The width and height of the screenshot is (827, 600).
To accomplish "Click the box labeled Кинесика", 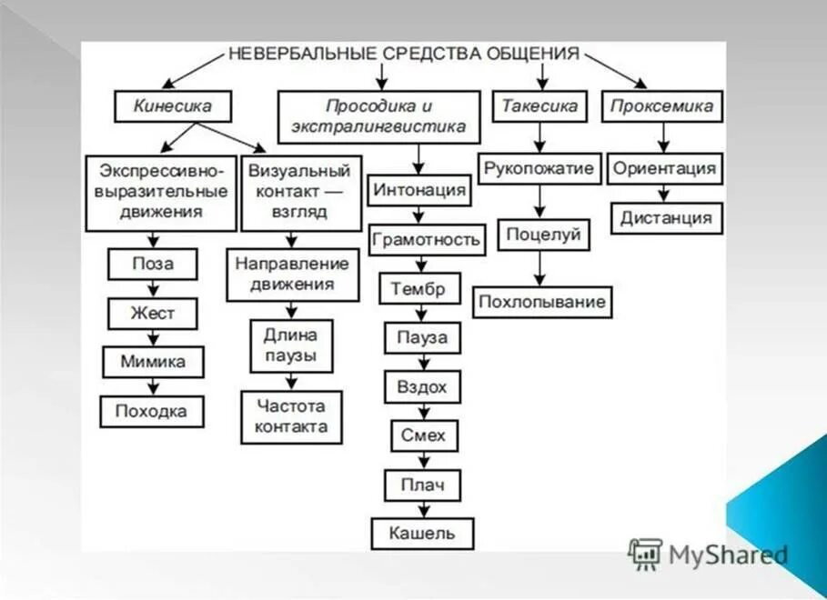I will coord(172,106).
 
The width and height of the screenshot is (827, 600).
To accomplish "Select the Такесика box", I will coord(540,106).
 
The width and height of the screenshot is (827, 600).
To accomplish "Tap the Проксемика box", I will coord(661,106).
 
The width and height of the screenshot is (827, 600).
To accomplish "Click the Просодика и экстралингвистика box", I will coord(378,117).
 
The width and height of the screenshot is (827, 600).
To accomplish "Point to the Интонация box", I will coord(419,191).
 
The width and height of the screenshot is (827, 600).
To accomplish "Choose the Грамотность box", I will coord(425,240).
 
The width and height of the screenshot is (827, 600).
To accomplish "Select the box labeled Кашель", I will coord(422,533).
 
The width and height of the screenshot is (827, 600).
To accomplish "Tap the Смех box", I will coord(423,435).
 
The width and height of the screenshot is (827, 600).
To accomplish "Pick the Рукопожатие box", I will coord(540,168).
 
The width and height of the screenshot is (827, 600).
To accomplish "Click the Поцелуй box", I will coord(544,235).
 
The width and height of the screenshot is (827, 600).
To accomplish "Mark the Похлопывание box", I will coord(542,302).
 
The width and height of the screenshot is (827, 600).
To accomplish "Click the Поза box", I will coord(153,265).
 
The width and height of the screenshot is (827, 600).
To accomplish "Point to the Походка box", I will coord(152,412).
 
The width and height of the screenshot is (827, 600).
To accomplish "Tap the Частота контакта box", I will coord(291,416).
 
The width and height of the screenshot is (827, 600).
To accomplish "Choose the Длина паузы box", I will coord(291,345).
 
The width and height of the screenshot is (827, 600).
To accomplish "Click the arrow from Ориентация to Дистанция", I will coord(664,194).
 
